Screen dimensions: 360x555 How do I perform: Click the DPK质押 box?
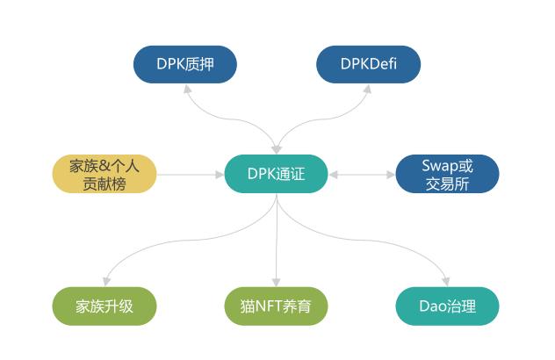185,65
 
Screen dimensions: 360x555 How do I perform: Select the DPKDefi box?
368,65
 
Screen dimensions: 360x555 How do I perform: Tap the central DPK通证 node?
277,174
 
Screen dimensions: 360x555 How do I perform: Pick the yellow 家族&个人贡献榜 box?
105,174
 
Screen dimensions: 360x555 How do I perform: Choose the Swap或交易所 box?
447,174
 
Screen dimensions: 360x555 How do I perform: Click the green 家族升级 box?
105,306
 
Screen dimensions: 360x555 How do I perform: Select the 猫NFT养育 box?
277,306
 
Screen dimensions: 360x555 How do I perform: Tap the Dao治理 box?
447,306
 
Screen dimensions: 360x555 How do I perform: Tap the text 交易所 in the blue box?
447,184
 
